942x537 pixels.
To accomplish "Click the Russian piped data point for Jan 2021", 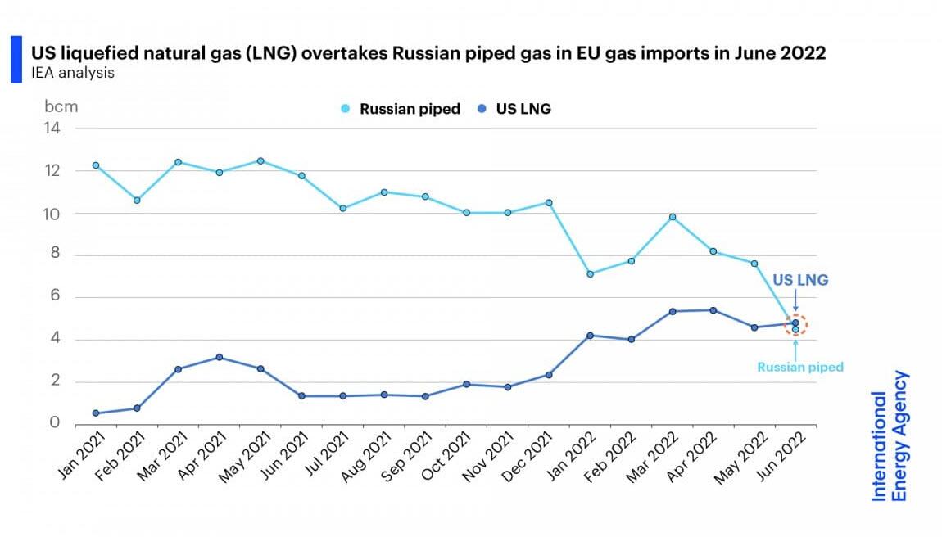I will pyautogui.click(x=96, y=165).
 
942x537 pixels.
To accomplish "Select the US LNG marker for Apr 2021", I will pyautogui.click(x=220, y=357).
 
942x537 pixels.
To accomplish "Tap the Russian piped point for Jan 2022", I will pyautogui.click(x=590, y=273).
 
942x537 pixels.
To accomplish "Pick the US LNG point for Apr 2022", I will pyautogui.click(x=713, y=310).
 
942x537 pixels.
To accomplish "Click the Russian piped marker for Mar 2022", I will pyautogui.click(x=673, y=217).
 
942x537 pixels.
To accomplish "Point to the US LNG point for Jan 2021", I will pyautogui.click(x=96, y=413).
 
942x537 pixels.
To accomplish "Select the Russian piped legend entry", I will pyautogui.click(x=401, y=109).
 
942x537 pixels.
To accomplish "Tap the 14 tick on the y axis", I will pyautogui.click(x=52, y=128).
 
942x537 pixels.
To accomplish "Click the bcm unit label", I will pyautogui.click(x=61, y=106).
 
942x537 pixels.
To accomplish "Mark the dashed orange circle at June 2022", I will pyautogui.click(x=795, y=325).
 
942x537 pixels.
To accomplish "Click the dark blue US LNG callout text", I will pyautogui.click(x=800, y=280).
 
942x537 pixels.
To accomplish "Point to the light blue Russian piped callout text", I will pyautogui.click(x=799, y=368).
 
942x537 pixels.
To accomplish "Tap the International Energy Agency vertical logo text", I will pyautogui.click(x=889, y=435).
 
